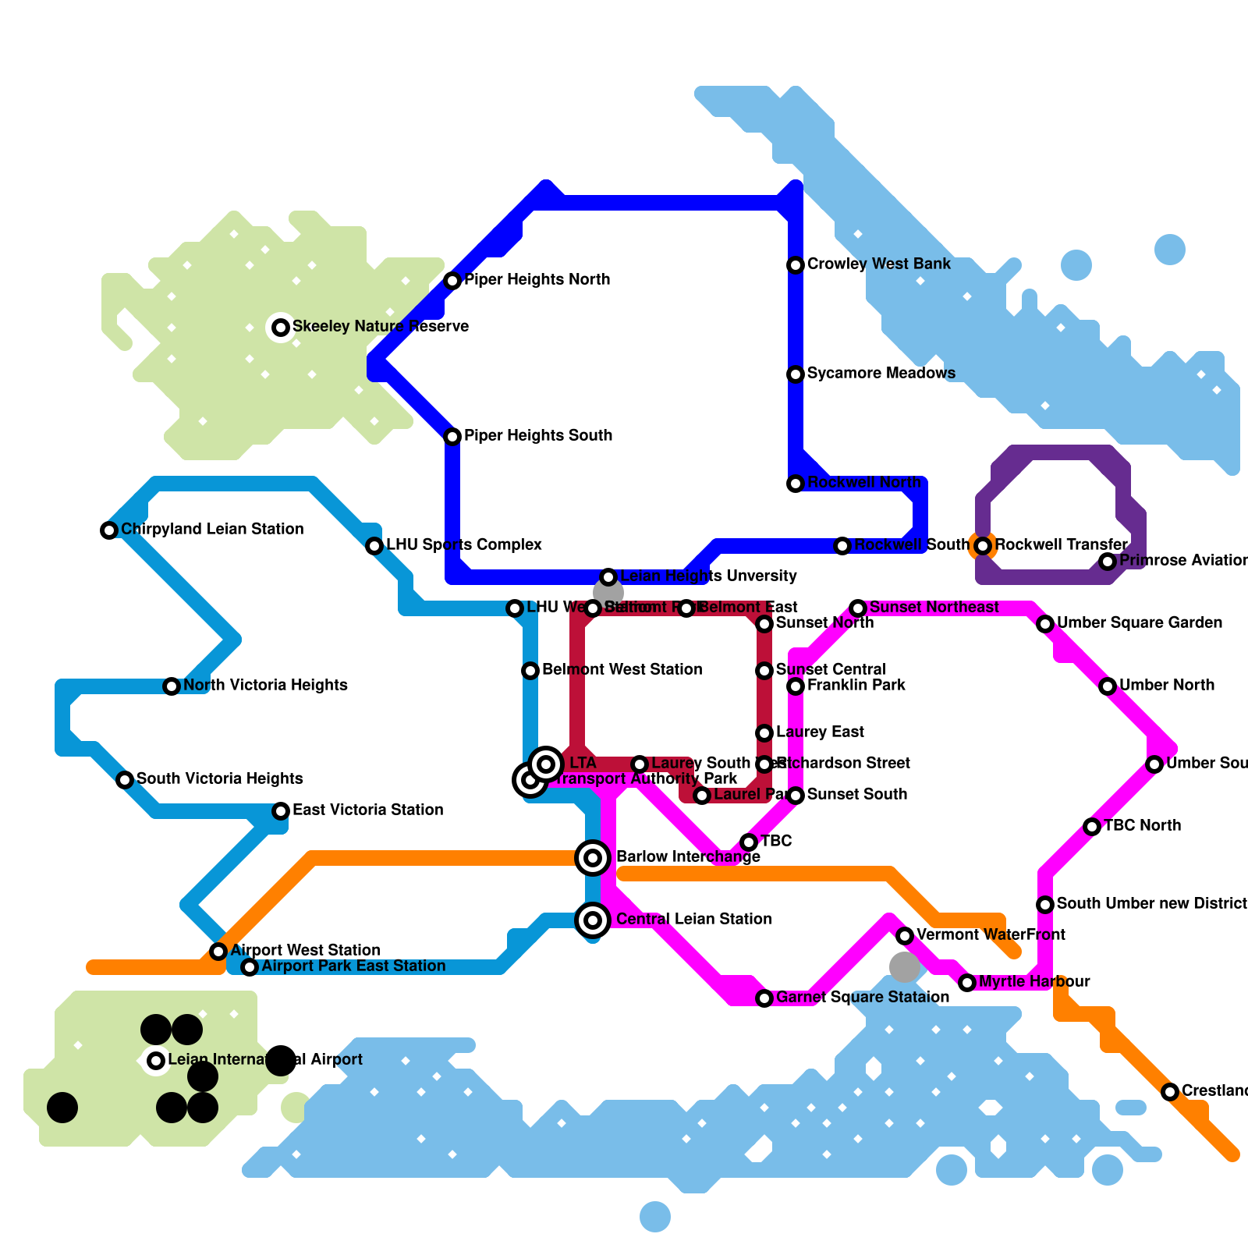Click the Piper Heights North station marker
click(452, 281)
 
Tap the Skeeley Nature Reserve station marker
click(281, 328)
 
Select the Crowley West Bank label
click(878, 264)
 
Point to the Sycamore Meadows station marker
click(796, 374)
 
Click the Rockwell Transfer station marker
click(983, 546)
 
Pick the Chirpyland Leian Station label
click(212, 530)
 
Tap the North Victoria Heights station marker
click(172, 686)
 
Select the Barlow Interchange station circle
click(593, 858)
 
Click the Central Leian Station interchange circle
click(593, 920)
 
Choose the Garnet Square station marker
click(764, 998)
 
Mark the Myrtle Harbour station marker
click(967, 983)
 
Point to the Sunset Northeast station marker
click(858, 608)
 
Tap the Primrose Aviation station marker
click(1108, 562)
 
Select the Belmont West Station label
click(622, 670)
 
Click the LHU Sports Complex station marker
click(374, 546)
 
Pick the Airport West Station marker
click(218, 952)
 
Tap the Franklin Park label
click(856, 686)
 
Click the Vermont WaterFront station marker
click(905, 936)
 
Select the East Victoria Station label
click(367, 810)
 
